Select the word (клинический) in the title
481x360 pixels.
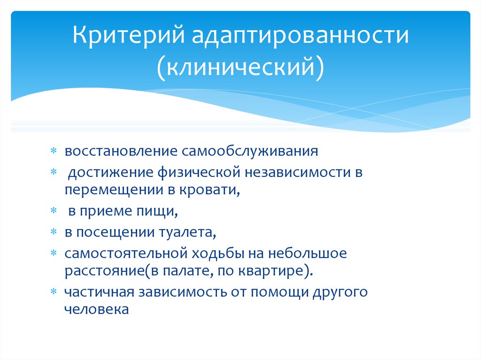coord(240,67)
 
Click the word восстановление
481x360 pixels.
coord(117,152)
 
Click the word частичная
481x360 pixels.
coord(99,291)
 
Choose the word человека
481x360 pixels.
coord(96,309)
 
